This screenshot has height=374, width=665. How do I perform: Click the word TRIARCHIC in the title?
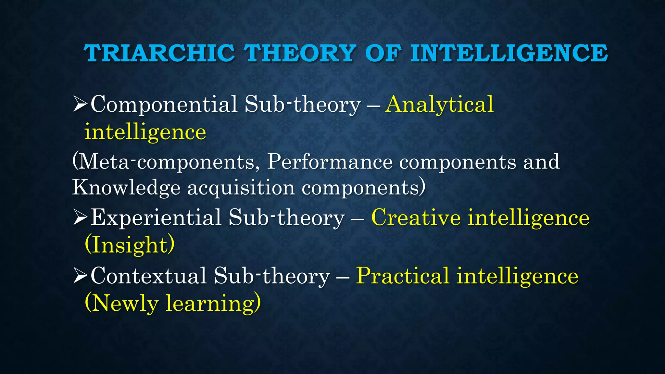click(x=159, y=53)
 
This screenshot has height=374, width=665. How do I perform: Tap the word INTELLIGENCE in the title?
click(x=509, y=53)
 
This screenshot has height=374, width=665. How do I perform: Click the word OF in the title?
click(x=383, y=53)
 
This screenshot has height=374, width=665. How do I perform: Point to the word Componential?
click(x=164, y=105)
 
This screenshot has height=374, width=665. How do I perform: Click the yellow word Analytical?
click(x=439, y=105)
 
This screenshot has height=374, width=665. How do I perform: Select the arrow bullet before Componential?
click(x=80, y=104)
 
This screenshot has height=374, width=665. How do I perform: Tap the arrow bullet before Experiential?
click(x=80, y=217)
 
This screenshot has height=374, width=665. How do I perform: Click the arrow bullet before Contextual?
click(x=80, y=276)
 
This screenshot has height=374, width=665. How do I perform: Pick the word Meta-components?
click(x=166, y=162)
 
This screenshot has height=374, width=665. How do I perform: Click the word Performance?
click(x=330, y=162)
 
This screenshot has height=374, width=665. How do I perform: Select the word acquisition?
click(x=241, y=188)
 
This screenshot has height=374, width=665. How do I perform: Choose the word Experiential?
click(x=156, y=217)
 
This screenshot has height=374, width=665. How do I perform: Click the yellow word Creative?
click(x=416, y=217)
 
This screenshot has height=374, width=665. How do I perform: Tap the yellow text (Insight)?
click(x=130, y=245)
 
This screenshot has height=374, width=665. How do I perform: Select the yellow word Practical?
click(x=403, y=276)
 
